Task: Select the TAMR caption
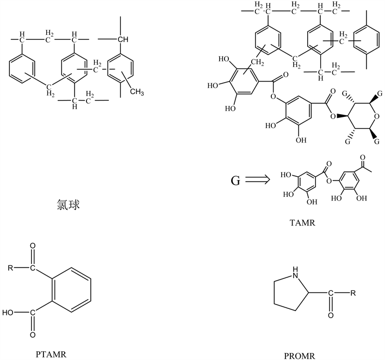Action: point(301,223)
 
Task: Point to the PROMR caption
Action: point(299,357)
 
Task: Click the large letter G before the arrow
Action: point(235,180)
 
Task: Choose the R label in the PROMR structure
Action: point(353,294)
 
